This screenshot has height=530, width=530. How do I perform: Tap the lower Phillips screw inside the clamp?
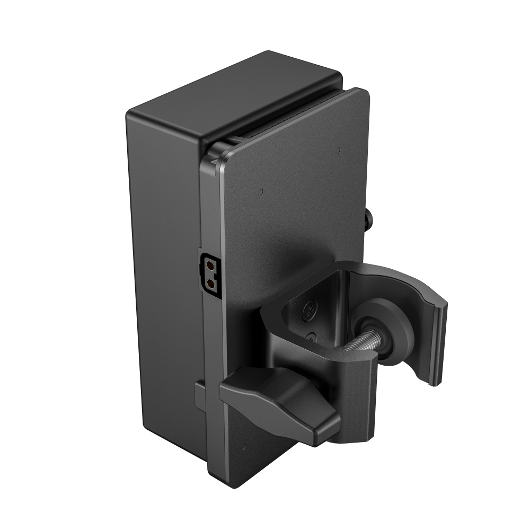click(x=312, y=337)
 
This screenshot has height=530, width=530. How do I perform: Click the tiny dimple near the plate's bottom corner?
click(x=245, y=444)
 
